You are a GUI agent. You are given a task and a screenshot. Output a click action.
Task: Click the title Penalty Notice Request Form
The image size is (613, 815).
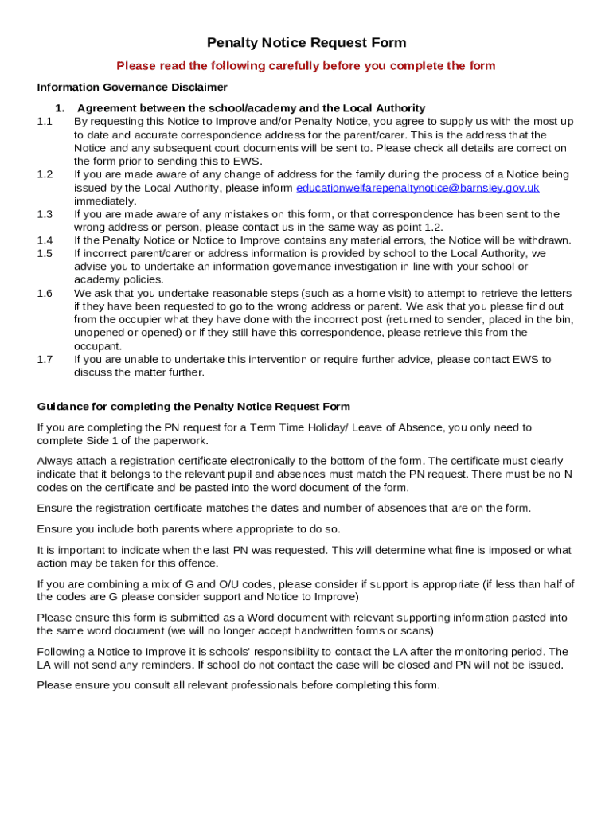coord(306,43)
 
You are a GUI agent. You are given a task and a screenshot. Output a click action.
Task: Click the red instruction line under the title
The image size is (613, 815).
coord(306,66)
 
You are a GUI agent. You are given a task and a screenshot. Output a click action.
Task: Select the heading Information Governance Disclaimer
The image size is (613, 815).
coord(132,88)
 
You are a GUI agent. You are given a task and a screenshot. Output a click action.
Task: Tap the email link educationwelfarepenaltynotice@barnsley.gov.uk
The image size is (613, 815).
coord(418,188)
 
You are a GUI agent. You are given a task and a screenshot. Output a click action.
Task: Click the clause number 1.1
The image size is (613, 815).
coord(45,122)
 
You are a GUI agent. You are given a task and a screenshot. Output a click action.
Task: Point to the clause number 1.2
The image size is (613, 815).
coord(45,174)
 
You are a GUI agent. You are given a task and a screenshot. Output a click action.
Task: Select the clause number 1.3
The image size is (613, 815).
coord(45,214)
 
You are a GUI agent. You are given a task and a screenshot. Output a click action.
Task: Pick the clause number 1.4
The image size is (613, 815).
coord(45,240)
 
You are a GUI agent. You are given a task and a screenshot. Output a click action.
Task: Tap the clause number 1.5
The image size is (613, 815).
coord(45,254)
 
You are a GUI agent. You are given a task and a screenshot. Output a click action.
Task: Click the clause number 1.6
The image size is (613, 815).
coord(45,294)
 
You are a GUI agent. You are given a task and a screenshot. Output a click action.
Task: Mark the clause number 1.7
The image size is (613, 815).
coord(45,360)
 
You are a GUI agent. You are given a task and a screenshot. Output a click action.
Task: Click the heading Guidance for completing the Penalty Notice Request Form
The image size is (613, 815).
coord(193,407)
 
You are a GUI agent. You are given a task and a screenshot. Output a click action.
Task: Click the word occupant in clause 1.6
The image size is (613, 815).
coord(97,346)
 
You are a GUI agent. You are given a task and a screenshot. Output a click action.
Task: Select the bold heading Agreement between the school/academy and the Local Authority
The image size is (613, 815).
coord(251,108)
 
